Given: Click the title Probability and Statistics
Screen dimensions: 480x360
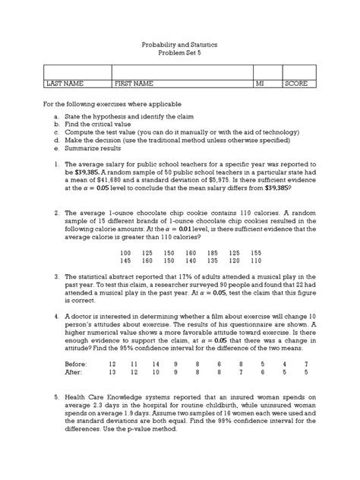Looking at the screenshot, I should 179,46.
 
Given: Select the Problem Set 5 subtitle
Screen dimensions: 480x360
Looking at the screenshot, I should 179,55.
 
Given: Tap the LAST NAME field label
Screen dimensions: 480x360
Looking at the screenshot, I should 65,84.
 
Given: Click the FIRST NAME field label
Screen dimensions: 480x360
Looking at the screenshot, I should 134,84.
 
